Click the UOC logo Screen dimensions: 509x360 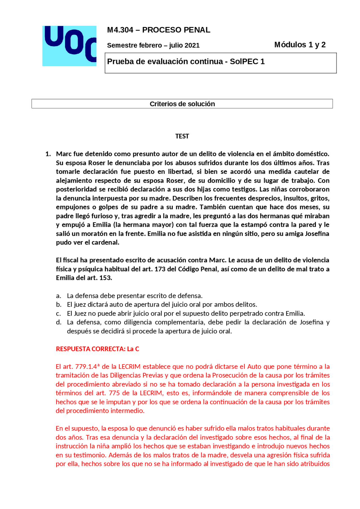69,46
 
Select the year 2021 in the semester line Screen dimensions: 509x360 192,45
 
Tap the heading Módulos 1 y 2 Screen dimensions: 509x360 300,45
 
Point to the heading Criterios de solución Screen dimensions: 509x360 182,104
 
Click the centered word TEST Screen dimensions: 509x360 182,136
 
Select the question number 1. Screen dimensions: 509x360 48,154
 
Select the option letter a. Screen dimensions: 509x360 58,296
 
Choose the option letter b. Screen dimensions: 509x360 58,304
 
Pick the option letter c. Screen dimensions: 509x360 58,313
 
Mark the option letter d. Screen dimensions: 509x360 58,322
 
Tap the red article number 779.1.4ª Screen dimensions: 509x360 87,367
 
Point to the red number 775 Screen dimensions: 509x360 114,393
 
